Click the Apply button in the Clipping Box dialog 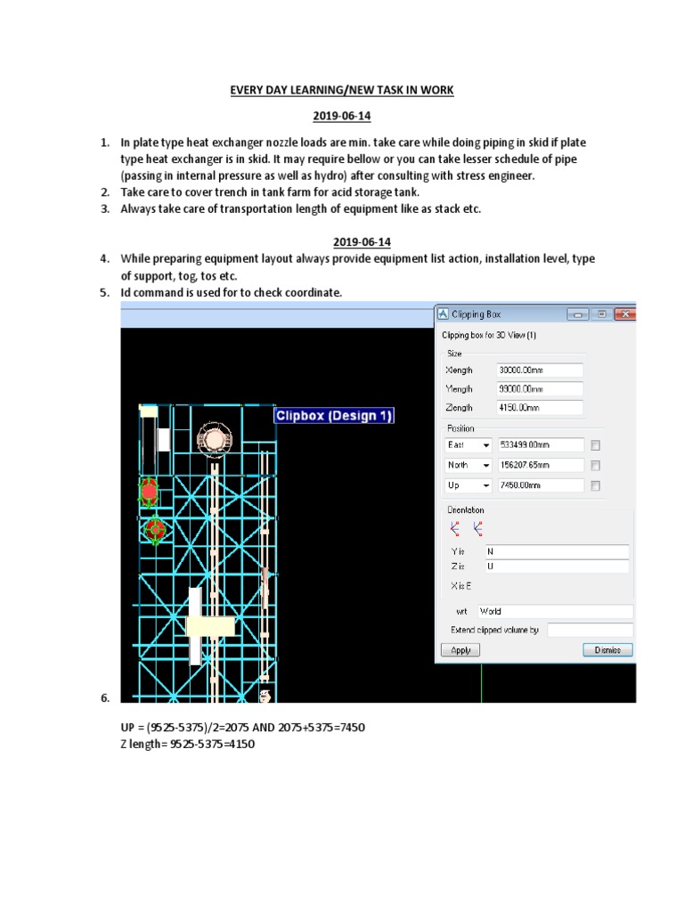click(460, 650)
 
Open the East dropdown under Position click(468, 445)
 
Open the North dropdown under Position click(468, 465)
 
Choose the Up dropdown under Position click(468, 485)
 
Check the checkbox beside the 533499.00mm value click(596, 445)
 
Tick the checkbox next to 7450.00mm click(596, 485)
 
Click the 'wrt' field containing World click(555, 612)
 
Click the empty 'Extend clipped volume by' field click(590, 630)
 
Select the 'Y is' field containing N click(557, 551)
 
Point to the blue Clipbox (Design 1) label click(334, 416)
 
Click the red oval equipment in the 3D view click(149, 489)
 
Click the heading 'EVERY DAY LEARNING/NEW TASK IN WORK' click(342, 91)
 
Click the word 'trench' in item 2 click(229, 192)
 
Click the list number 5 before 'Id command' click(104, 291)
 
